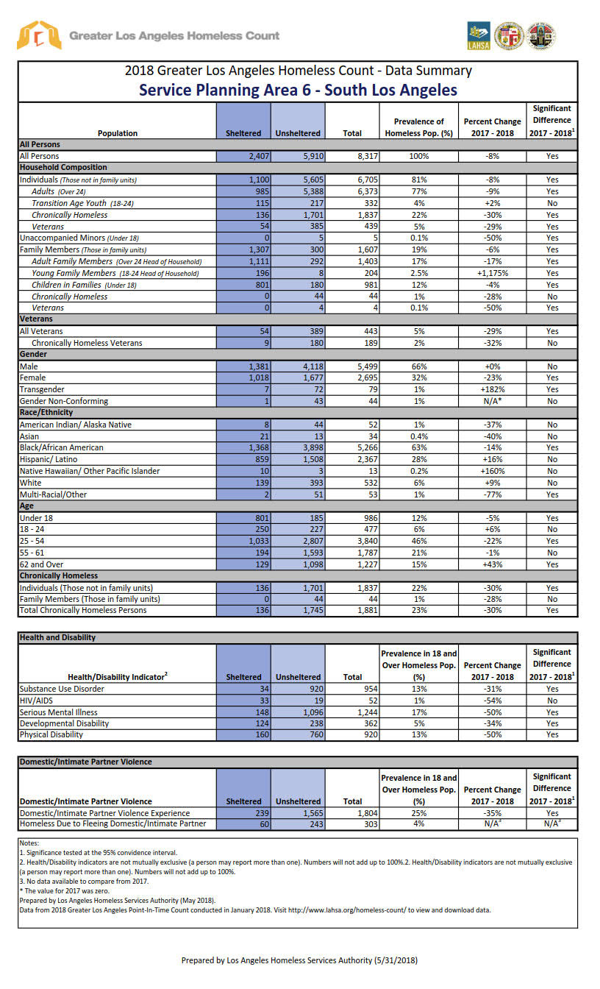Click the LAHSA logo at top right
pyautogui.click(x=479, y=35)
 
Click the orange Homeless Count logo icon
pyautogui.click(x=39, y=35)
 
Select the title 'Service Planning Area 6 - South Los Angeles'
pyautogui.click(x=298, y=91)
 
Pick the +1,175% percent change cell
pyautogui.click(x=492, y=273)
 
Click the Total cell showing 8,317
pyautogui.click(x=352, y=156)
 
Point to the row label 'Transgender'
pyautogui.click(x=42, y=389)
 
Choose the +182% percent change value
pyautogui.click(x=492, y=389)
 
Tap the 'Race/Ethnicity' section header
pyautogui.click(x=46, y=413)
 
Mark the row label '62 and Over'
pyautogui.click(x=43, y=564)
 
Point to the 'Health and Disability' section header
pyautogui.click(x=57, y=637)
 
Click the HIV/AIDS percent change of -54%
pyautogui.click(x=492, y=701)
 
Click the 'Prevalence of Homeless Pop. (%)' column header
pyautogui.click(x=419, y=127)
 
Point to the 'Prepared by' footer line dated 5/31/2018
pyautogui.click(x=299, y=960)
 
